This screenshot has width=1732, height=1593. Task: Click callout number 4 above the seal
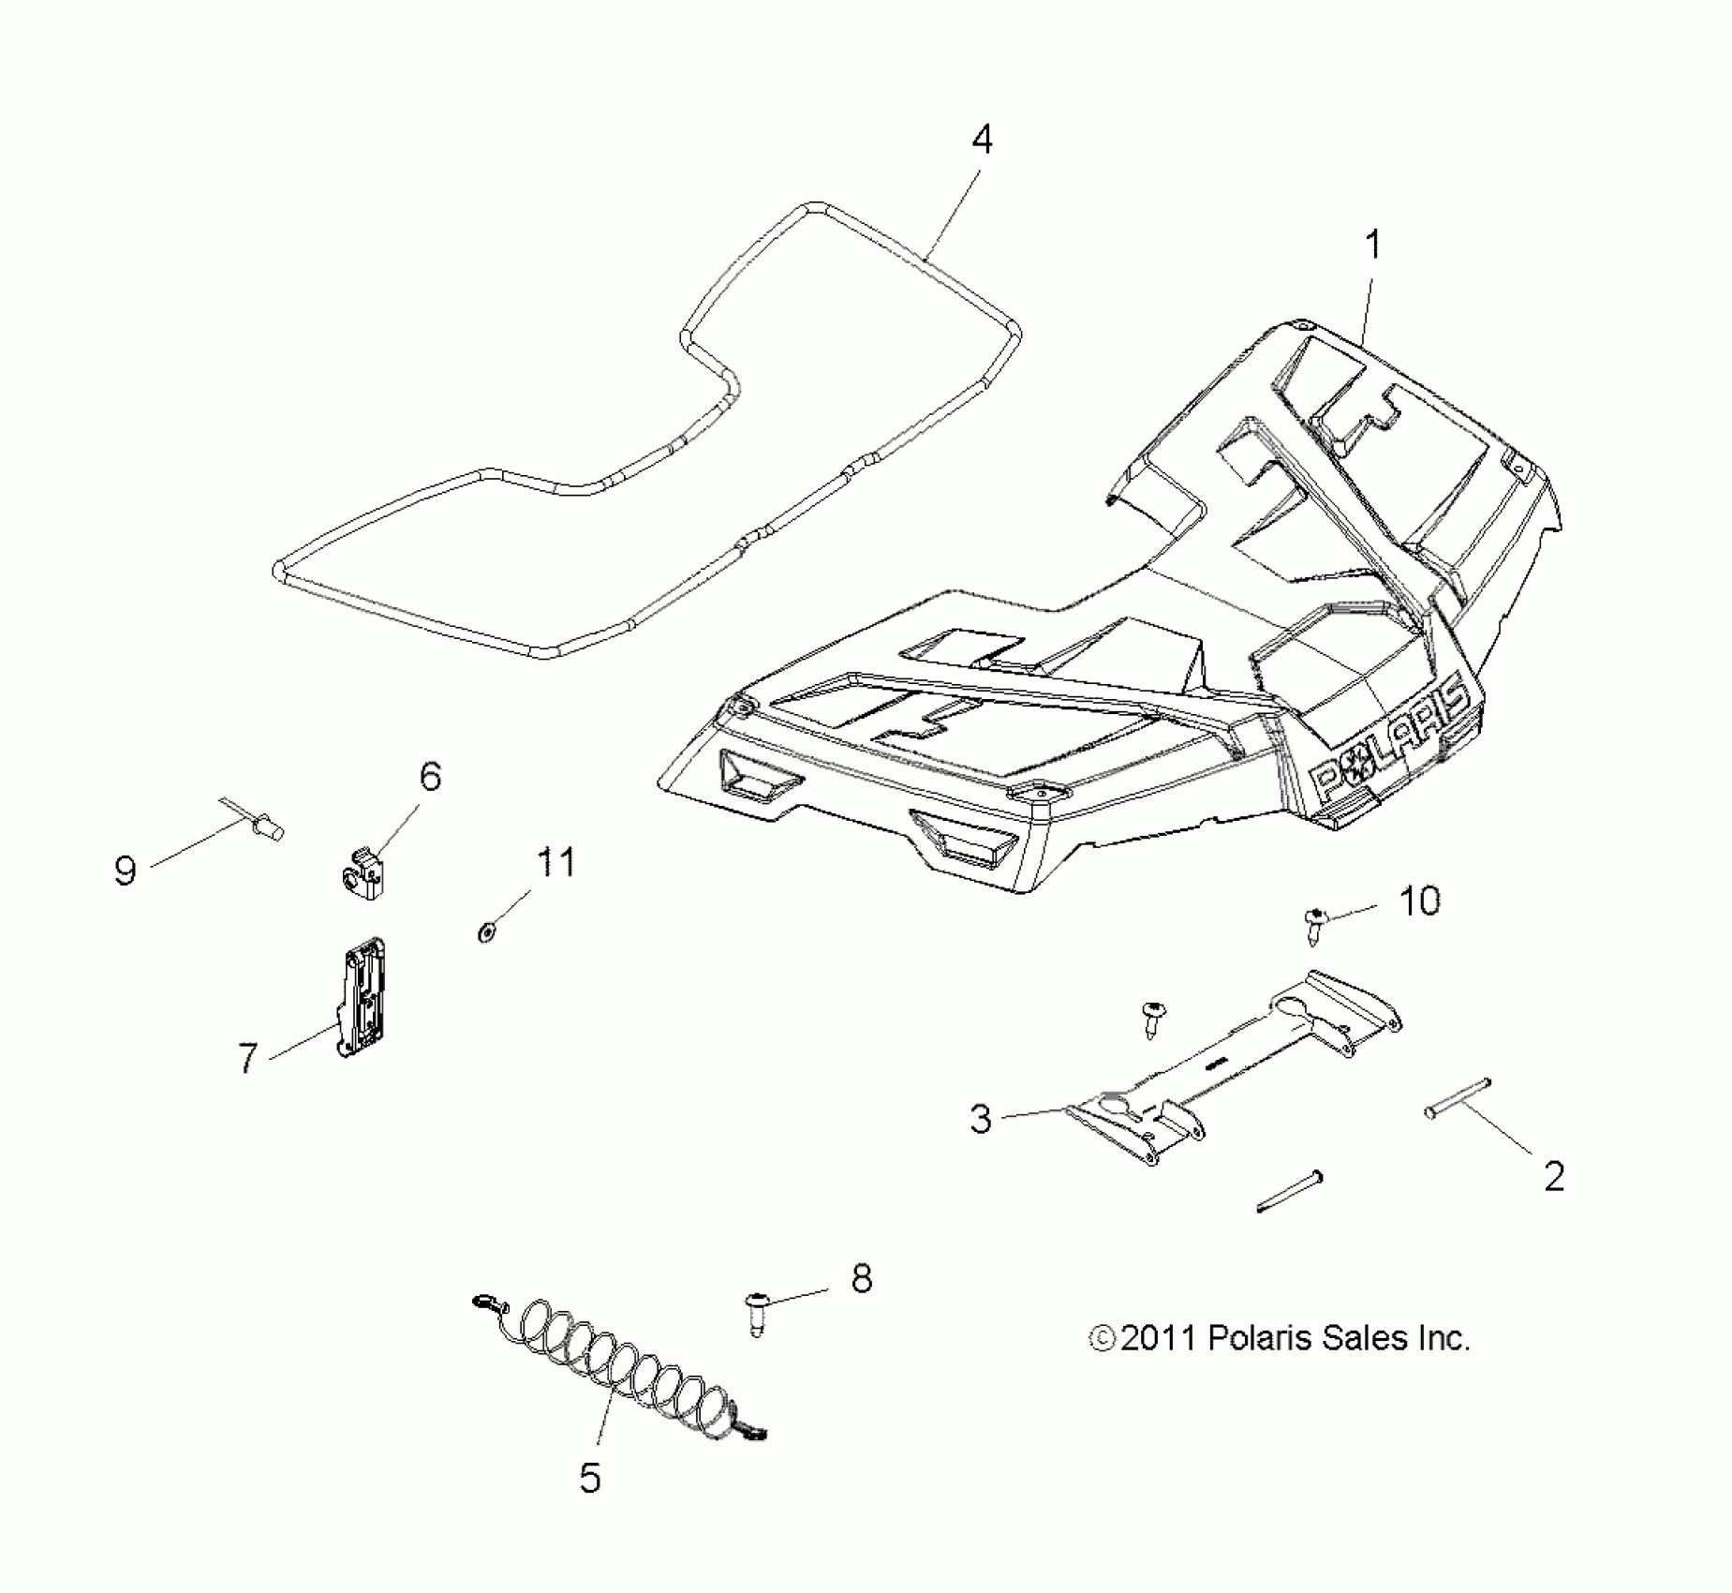(x=981, y=141)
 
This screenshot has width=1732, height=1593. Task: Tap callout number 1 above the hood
(x=1372, y=246)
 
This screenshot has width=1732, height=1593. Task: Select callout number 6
(x=430, y=777)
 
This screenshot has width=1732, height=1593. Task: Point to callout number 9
(x=126, y=871)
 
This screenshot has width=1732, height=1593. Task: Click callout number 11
(x=555, y=862)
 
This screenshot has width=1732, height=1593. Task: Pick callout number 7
(x=247, y=1058)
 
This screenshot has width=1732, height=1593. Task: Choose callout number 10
(x=1419, y=901)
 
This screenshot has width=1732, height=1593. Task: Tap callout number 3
(x=980, y=1119)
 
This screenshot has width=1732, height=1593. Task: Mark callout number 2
(x=1554, y=1176)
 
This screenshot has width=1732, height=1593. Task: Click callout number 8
(x=861, y=1277)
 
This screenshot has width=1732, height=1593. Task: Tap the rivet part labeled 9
(x=268, y=826)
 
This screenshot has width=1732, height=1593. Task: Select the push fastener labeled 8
(x=756, y=1309)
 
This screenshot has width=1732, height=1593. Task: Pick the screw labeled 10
(x=1315, y=924)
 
